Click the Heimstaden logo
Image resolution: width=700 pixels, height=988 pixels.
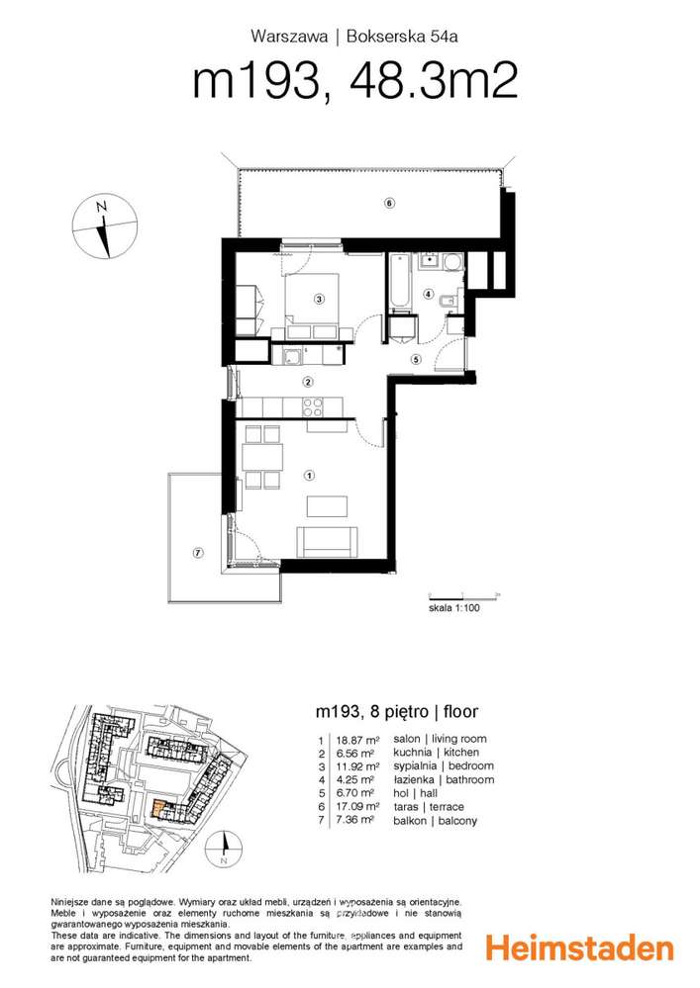click(579, 947)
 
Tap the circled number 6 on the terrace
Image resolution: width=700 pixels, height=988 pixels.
click(390, 203)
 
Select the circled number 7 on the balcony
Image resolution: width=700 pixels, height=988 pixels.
click(198, 553)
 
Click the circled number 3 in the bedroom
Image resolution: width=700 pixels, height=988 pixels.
click(319, 300)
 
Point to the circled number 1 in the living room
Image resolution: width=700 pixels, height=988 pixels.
click(309, 475)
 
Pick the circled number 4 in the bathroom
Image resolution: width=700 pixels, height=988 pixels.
click(429, 294)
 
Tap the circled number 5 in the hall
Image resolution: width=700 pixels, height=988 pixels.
click(416, 360)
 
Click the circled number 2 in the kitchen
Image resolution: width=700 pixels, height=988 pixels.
click(308, 381)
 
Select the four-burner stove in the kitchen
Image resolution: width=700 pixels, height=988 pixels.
click(312, 407)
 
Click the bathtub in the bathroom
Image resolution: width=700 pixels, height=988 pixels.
click(400, 282)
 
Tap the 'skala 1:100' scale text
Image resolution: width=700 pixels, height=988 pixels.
click(454, 608)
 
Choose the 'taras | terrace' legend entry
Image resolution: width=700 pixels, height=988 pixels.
click(428, 807)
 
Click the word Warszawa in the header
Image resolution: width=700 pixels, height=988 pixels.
click(289, 37)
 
